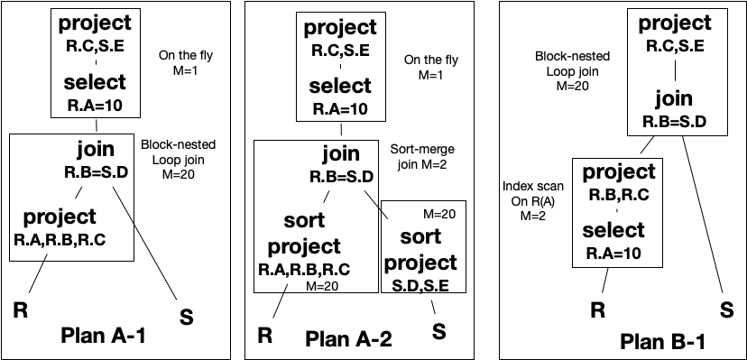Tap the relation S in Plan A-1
coord(188,316)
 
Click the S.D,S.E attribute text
coord(422,285)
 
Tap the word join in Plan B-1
coord(673,98)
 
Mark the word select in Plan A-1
coord(95,83)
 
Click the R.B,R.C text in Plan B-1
coord(620,195)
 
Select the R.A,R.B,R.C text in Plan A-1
coord(60,239)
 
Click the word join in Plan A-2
coord(338,154)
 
